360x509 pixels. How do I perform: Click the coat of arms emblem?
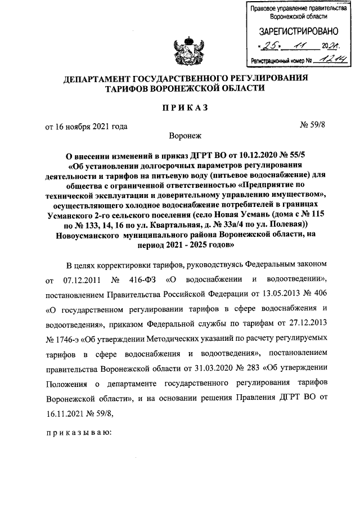[x=186, y=49]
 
